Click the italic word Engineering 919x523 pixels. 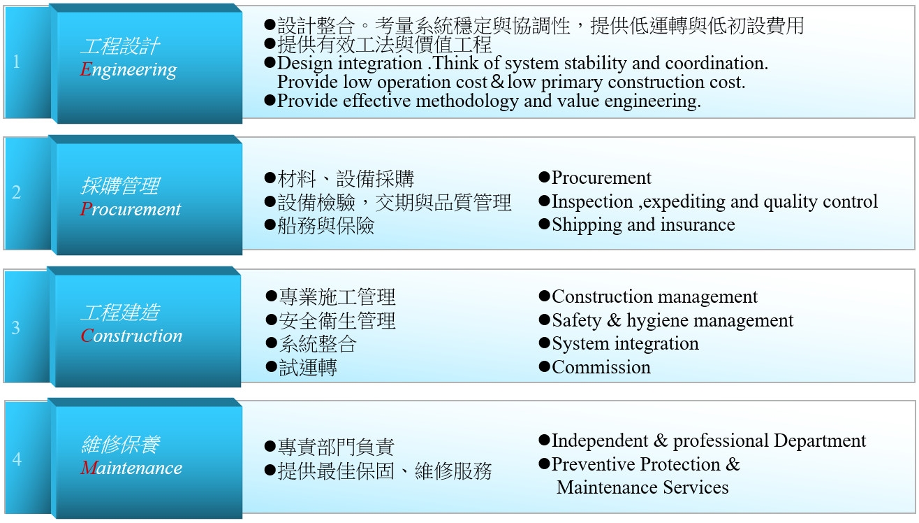(x=128, y=70)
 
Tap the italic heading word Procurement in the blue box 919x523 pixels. (x=130, y=208)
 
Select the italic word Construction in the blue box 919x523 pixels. (x=131, y=336)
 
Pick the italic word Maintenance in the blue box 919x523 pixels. (x=131, y=468)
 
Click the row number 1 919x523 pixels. (x=16, y=62)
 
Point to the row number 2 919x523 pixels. (x=16, y=192)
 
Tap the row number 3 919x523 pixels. (x=15, y=328)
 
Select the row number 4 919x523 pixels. (x=17, y=459)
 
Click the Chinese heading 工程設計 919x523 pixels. (x=119, y=46)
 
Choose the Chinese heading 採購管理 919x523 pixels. (x=119, y=186)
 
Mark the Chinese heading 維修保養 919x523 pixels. (x=120, y=445)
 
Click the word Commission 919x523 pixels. (x=601, y=367)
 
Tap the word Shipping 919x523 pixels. (x=587, y=225)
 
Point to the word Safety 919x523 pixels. (x=576, y=320)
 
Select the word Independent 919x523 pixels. (x=599, y=440)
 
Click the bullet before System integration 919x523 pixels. (x=544, y=343)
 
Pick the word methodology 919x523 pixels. (x=467, y=101)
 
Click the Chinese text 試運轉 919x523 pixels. (x=308, y=368)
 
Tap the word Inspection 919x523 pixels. (x=592, y=202)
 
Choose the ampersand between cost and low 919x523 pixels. (x=497, y=82)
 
